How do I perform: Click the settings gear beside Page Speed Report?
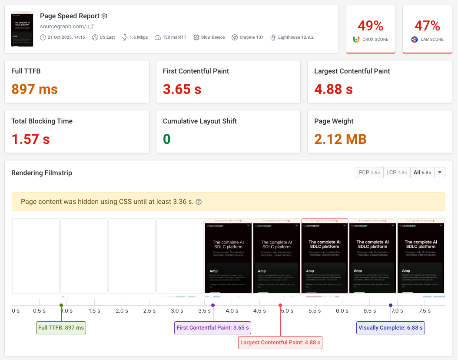point(104,16)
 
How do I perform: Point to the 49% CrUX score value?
point(371,26)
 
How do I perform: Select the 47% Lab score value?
point(428,26)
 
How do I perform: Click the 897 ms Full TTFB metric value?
point(34,89)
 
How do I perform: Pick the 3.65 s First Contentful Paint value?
point(182,89)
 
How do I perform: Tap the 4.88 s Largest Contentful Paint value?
point(333,89)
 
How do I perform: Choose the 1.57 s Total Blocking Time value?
point(30,139)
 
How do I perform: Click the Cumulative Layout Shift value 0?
point(166,139)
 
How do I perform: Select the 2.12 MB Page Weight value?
point(340,139)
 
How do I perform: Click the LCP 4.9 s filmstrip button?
point(396,173)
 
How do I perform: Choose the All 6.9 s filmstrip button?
point(422,173)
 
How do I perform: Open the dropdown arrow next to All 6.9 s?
point(440,173)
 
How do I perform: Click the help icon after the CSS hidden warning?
point(199,202)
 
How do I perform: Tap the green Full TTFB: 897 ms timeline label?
point(61,328)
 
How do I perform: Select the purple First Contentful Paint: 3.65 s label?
point(213,328)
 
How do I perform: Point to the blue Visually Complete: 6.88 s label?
point(390,328)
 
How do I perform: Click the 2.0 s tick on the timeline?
point(122,310)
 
